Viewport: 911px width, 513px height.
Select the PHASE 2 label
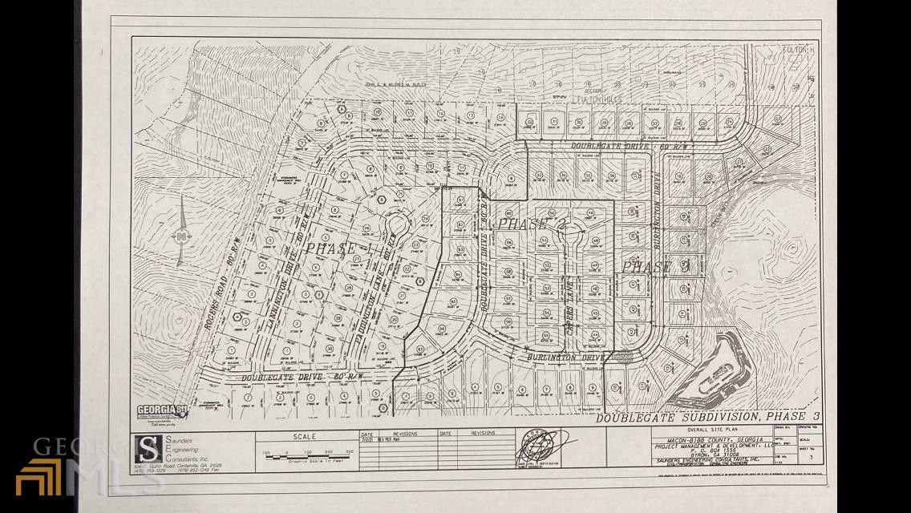click(532, 224)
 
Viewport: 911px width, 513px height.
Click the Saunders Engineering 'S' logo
click(147, 449)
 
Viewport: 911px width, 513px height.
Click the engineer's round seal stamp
click(538, 445)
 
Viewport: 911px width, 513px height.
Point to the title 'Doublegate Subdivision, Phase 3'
click(707, 417)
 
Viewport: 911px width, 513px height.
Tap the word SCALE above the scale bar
click(304, 437)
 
